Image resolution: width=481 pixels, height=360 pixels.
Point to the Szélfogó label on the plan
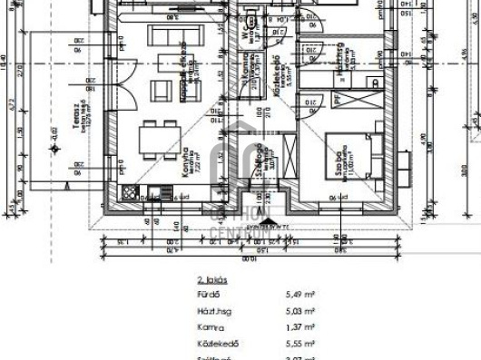pyautogui.click(x=259, y=162)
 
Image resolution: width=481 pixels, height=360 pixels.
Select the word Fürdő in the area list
pyautogui.click(x=207, y=295)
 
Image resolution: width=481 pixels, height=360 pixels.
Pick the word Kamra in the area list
pyautogui.click(x=209, y=327)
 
